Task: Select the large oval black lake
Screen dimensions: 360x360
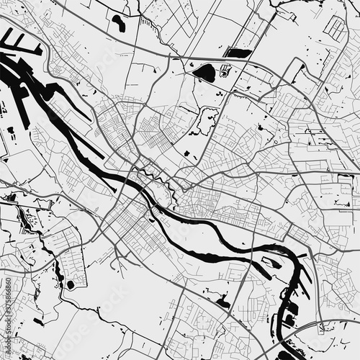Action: [205, 73]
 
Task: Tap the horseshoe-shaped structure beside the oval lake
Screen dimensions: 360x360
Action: [225, 71]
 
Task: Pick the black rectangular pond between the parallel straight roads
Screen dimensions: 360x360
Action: [238, 53]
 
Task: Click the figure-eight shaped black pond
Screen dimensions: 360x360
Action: [118, 23]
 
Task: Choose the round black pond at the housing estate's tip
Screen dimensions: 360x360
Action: [71, 285]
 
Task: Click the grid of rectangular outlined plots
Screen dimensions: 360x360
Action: [335, 29]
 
